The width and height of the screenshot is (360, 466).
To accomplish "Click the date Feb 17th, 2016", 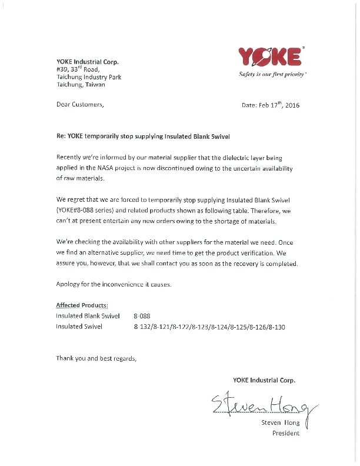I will tap(271, 105).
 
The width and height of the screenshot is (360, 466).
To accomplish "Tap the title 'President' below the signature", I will tap(286, 434).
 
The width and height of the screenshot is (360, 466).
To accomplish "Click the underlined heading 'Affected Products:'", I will tap(82, 305).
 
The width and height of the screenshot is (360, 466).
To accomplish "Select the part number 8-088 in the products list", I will tap(143, 316).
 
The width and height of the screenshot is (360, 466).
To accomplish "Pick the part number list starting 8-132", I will tap(209, 327).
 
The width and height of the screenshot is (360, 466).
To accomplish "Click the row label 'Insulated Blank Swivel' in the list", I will tap(88, 316).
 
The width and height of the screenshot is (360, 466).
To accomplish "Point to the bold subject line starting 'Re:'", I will tap(143, 136).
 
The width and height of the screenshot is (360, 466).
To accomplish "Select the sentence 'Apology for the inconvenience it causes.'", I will tap(114, 285).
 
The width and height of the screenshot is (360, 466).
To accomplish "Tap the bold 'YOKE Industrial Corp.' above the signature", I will tap(264, 380).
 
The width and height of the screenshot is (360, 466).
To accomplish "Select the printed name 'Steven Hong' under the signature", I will tap(280, 423).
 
